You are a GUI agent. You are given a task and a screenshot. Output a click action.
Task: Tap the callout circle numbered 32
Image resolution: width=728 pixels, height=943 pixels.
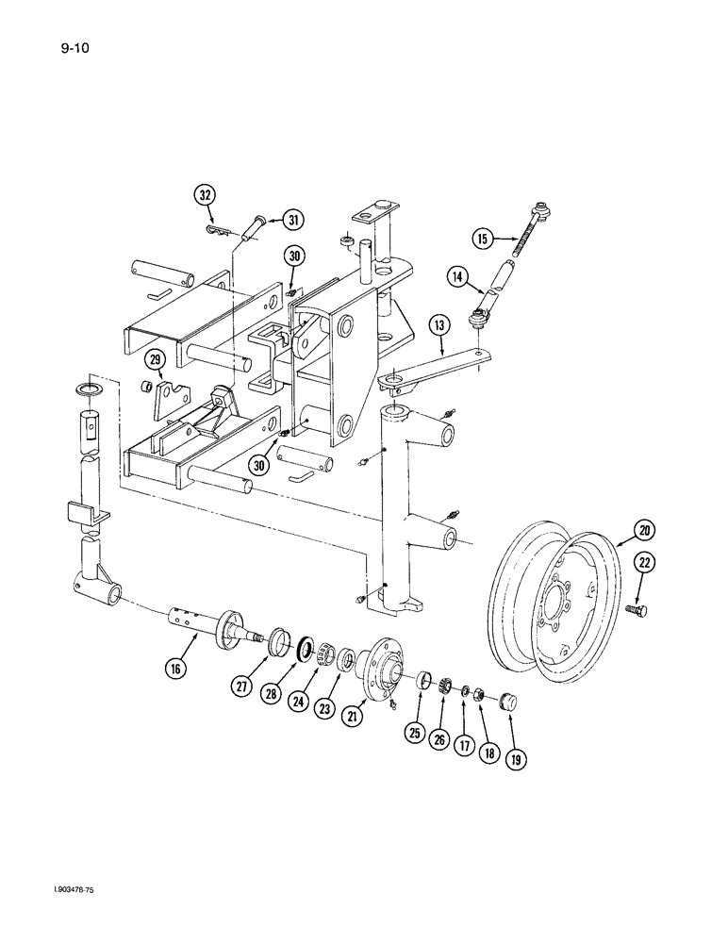coord(205,195)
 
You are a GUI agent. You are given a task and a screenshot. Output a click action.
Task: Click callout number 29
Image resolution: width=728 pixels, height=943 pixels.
coord(155,359)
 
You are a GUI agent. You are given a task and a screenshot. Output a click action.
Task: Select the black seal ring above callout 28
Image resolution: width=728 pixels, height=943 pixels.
coord(306,650)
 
